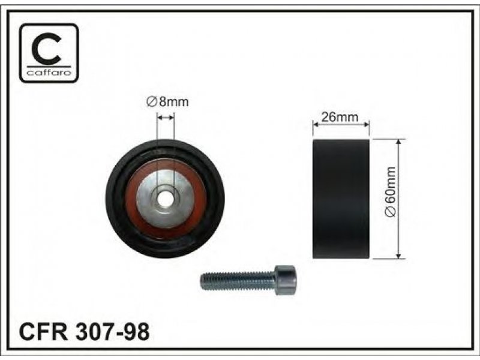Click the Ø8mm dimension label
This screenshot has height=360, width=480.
167,101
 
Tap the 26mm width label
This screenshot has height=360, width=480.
340,116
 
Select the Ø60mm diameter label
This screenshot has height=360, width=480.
391,192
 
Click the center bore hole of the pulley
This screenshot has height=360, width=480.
166,199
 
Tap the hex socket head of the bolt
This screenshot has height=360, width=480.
286,280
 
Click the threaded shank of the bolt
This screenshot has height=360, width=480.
238,281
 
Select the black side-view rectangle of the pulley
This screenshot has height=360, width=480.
341,199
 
